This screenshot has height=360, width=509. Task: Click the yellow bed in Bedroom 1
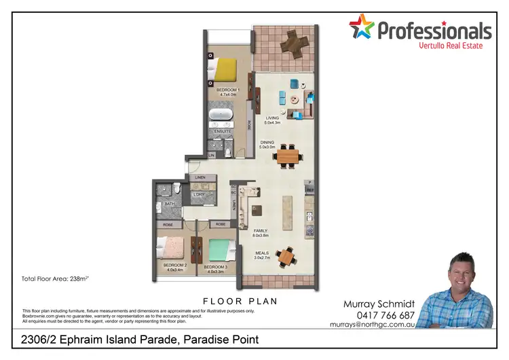pyautogui.click(x=225, y=69)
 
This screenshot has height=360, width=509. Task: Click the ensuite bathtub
pyautogui.click(x=221, y=115)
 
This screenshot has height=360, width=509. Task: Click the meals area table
pyautogui.click(x=286, y=256)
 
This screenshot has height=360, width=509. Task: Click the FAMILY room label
pyautogui.click(x=261, y=231)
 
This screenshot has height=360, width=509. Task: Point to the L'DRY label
pyautogui.click(x=199, y=195)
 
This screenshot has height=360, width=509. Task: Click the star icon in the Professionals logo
pyautogui.click(x=361, y=29)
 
